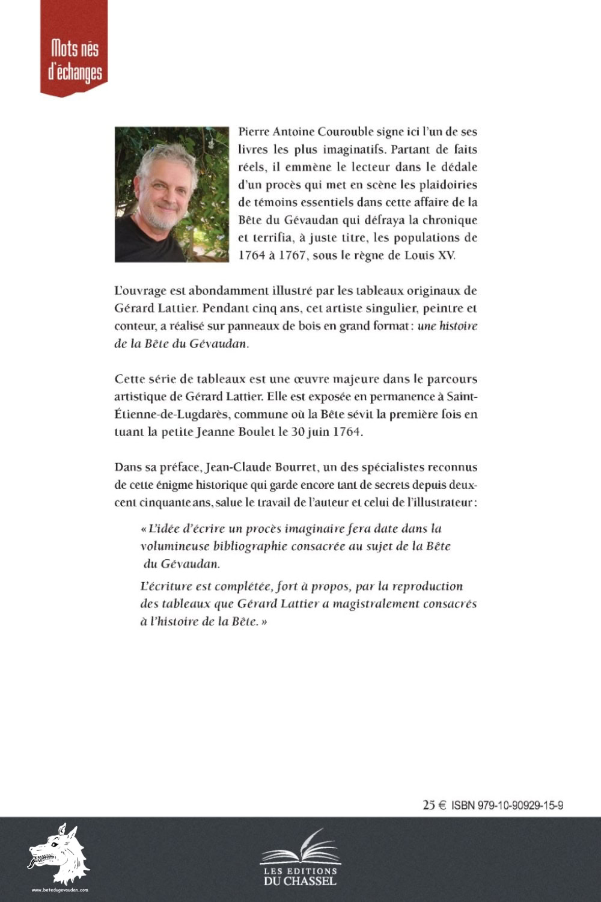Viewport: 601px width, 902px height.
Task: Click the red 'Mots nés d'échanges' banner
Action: [74, 48]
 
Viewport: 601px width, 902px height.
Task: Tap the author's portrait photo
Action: [171, 194]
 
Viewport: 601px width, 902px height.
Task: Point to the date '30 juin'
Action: [312, 432]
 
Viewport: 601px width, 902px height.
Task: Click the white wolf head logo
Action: [58, 853]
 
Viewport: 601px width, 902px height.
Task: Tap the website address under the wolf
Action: [59, 890]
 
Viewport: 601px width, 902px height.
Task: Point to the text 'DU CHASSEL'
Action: [300, 881]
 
